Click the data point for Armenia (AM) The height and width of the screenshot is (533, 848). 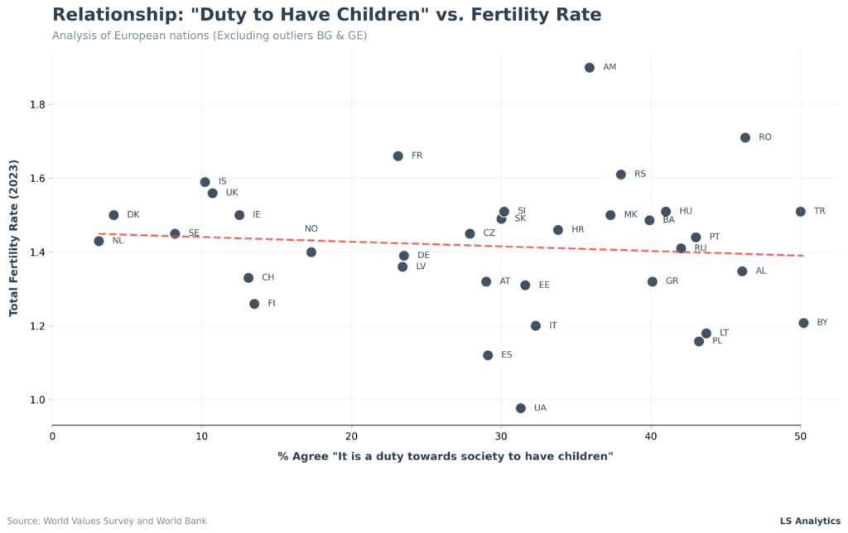[x=590, y=68]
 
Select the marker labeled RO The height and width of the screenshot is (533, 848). [x=745, y=137]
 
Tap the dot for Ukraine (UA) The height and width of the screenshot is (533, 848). [x=521, y=408]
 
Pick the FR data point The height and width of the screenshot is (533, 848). [x=398, y=156]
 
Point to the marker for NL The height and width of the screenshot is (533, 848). [x=99, y=241]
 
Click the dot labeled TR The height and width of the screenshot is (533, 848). [x=801, y=212]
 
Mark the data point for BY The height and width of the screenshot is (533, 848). [x=803, y=323]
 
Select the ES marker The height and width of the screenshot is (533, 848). [x=488, y=355]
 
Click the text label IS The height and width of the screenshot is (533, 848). [x=223, y=181]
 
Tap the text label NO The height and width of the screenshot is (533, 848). [x=311, y=229]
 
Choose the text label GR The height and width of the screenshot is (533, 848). [x=672, y=281]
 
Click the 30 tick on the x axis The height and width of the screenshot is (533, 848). [x=501, y=436]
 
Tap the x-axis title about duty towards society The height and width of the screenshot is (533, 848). [x=446, y=457]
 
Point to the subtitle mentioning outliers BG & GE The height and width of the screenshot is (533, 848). [x=210, y=36]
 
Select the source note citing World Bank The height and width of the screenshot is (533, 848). [x=108, y=521]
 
